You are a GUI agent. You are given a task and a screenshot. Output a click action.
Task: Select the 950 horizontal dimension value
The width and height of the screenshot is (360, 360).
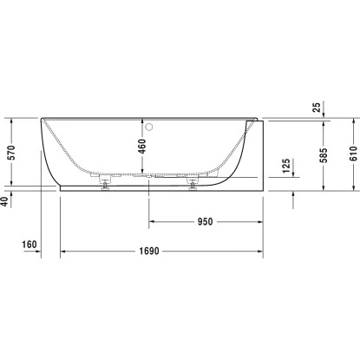[205, 221]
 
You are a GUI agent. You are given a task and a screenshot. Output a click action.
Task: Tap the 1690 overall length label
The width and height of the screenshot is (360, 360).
[161, 252]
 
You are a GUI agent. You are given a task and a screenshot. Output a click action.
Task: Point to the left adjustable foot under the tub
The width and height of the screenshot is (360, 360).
[107, 182]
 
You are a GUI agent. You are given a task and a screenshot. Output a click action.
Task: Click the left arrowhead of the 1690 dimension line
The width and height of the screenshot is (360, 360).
[62, 252]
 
